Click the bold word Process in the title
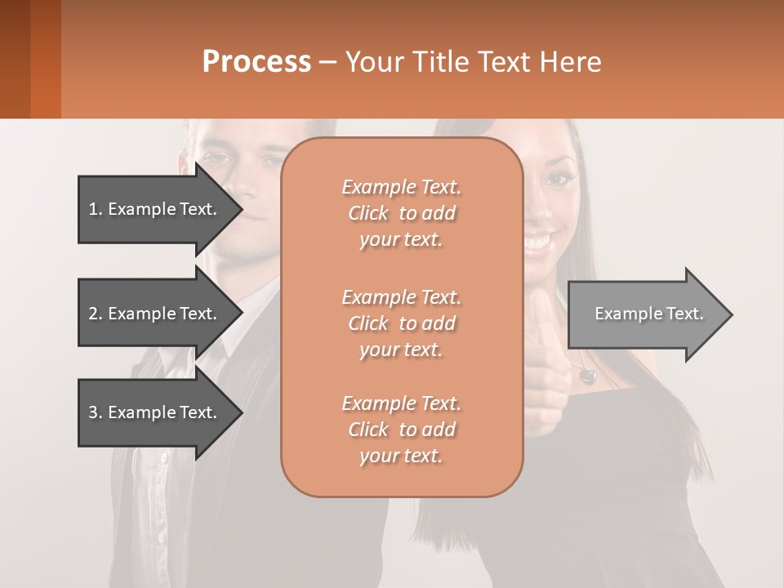(x=256, y=62)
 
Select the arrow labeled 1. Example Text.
(x=155, y=209)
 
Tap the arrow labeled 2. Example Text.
(x=155, y=314)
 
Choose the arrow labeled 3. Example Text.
(x=155, y=412)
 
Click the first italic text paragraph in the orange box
(x=401, y=213)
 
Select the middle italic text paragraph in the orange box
(x=401, y=323)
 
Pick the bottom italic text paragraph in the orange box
(x=401, y=430)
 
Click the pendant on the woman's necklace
(x=586, y=376)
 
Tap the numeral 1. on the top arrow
(x=96, y=209)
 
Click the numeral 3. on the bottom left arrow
(x=96, y=412)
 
